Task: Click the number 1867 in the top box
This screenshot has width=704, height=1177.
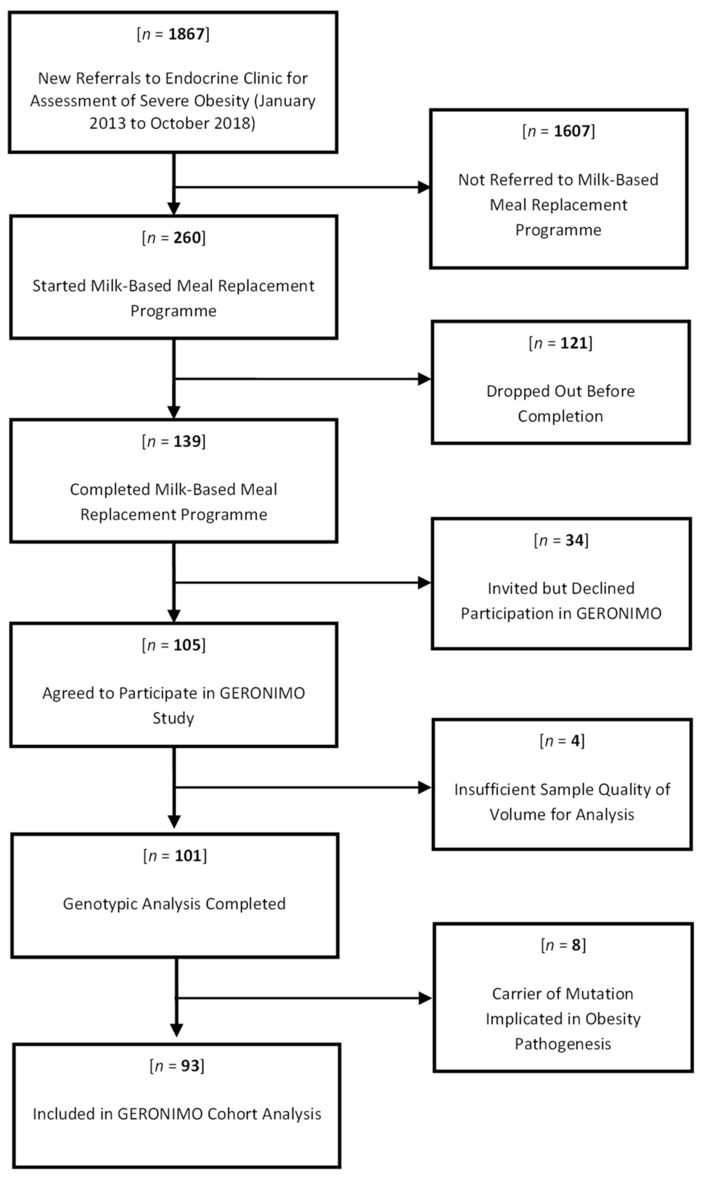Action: click(x=186, y=34)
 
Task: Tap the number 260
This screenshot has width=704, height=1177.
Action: click(x=187, y=238)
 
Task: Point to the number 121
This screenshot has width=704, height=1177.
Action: click(x=574, y=343)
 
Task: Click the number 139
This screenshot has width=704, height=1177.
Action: click(x=187, y=441)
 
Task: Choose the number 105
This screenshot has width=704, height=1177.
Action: click(x=187, y=645)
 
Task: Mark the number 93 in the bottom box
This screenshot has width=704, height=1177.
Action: click(x=190, y=1066)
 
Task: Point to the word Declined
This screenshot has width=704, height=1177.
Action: click(x=603, y=588)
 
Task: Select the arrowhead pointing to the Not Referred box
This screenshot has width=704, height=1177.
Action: click(x=423, y=187)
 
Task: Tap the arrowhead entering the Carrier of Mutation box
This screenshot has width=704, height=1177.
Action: click(x=425, y=998)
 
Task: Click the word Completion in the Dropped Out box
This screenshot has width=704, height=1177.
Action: click(x=560, y=416)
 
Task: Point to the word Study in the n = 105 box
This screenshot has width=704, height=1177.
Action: click(x=173, y=718)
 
